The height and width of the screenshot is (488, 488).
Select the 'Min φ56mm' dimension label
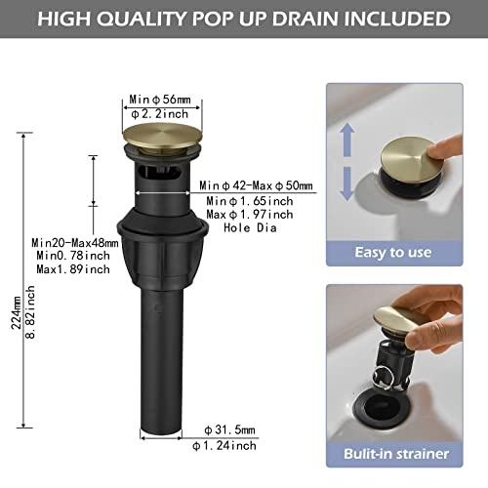pos(160,100)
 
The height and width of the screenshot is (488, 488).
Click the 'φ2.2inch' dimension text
pos(160,114)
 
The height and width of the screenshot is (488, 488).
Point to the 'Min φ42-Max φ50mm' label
pos(256,185)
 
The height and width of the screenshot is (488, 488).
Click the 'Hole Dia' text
pos(250,227)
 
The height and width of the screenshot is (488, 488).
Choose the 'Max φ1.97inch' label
pos(250,215)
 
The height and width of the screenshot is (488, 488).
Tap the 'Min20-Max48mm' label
pos(75,243)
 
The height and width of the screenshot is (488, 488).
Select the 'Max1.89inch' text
pos(73,269)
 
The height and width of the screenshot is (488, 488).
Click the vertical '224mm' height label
pos(17,312)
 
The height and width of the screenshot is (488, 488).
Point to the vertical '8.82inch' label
pos(30,312)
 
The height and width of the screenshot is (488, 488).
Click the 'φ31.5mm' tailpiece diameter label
pos(229,430)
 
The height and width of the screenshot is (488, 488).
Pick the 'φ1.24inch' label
pos(224,445)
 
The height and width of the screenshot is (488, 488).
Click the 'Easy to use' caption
pos(393,253)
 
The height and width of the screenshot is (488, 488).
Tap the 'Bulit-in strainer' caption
pos(396,454)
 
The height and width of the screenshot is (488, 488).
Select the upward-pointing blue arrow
pos(347,141)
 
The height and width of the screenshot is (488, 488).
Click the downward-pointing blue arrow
pos(347,183)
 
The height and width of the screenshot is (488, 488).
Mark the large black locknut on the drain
pos(162,247)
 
